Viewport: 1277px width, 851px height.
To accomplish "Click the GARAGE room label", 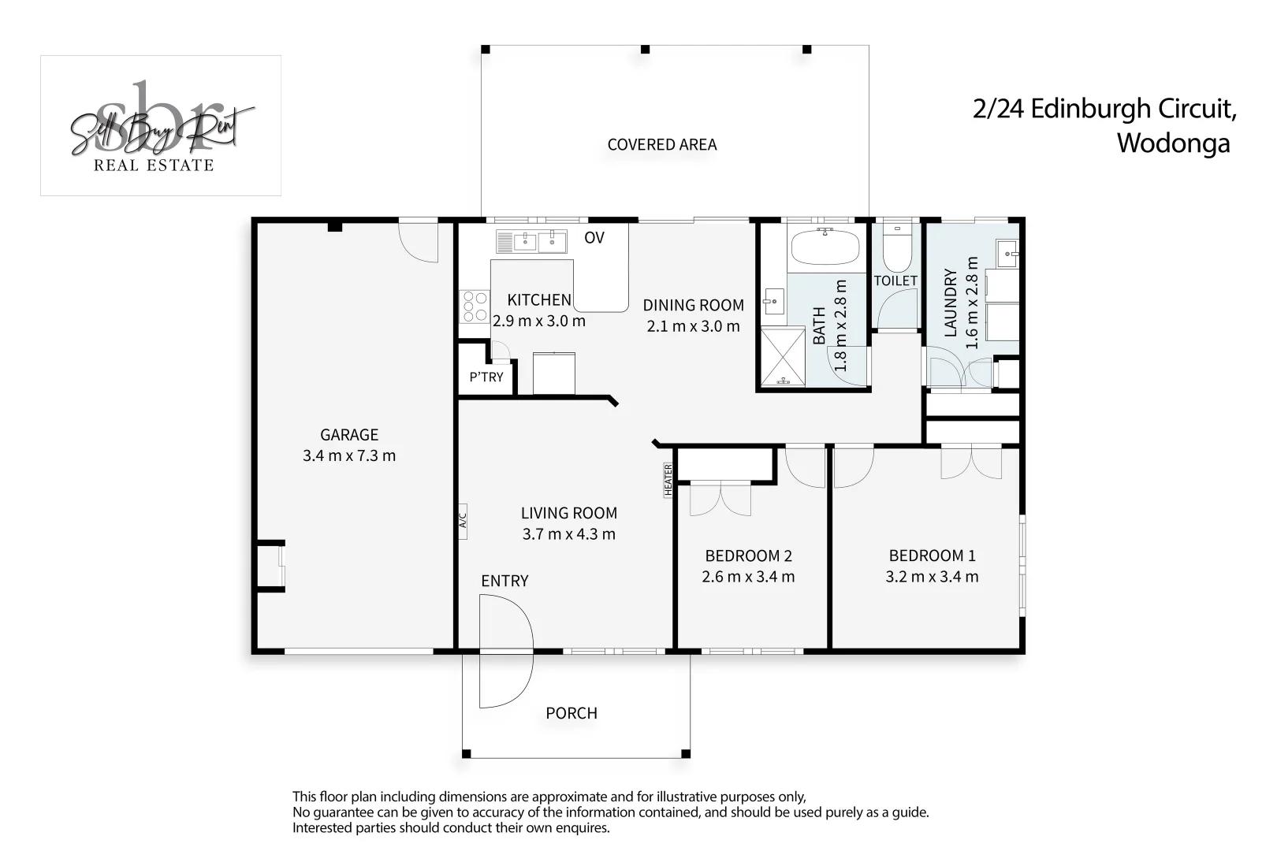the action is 349,435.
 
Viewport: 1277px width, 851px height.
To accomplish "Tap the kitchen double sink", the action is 531,242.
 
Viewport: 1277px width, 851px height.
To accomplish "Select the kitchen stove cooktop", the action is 475,307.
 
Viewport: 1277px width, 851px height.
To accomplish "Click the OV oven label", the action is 594,238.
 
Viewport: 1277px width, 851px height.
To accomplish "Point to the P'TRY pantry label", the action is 486,377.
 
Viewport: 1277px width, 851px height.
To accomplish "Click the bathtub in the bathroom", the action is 825,246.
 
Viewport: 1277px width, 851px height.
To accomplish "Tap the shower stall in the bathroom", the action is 783,357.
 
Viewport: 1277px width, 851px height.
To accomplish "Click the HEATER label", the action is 668,480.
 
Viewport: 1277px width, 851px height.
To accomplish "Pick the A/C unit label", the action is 463,521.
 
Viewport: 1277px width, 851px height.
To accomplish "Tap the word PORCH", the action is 571,713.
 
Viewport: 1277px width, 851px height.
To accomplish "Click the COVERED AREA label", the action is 662,145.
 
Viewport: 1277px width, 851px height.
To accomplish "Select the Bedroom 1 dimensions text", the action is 932,577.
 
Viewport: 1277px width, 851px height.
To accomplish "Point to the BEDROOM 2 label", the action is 749,556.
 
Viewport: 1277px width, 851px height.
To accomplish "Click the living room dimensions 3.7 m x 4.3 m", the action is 569,534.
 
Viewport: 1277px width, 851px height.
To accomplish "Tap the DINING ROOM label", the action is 693,306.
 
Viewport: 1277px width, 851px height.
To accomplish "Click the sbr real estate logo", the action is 161,125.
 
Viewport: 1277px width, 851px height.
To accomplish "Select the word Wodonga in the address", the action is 1173,143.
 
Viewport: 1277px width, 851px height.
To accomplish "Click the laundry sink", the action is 1007,254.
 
